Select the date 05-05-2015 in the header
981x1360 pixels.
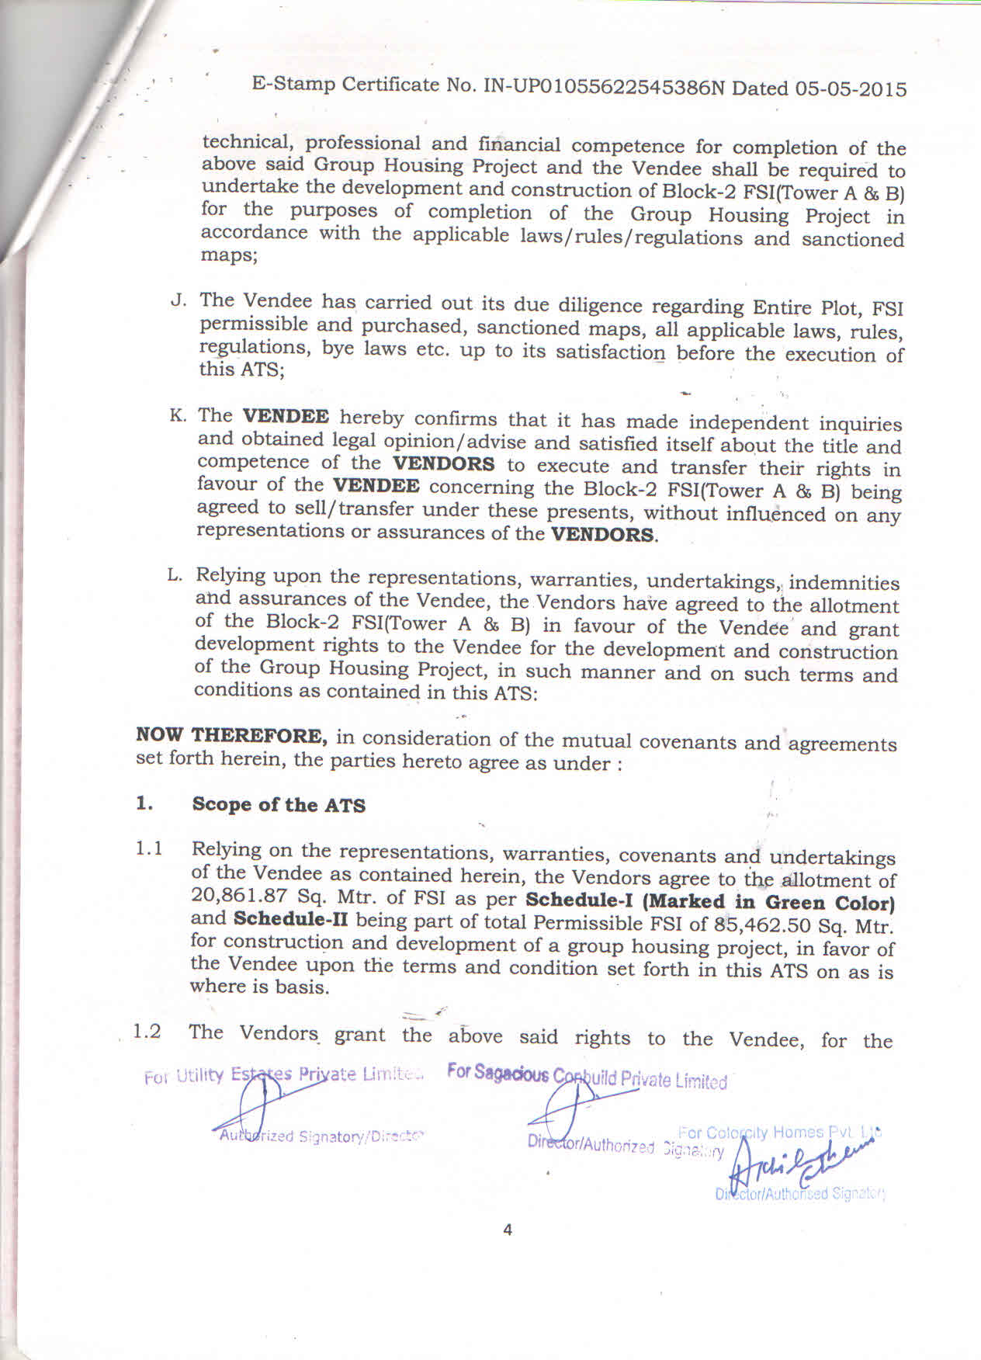tap(851, 89)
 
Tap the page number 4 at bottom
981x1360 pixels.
tap(508, 1230)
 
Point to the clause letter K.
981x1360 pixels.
tap(178, 415)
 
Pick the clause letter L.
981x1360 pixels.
tap(175, 575)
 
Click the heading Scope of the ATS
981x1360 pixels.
tap(279, 805)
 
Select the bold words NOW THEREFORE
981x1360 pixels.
tap(231, 735)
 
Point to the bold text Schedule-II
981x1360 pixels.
tap(290, 919)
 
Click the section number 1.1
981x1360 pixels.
tap(149, 848)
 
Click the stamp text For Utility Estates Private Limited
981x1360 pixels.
tap(283, 1076)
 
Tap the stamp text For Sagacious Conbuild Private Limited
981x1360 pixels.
tap(587, 1077)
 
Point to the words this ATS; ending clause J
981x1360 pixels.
tap(242, 369)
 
